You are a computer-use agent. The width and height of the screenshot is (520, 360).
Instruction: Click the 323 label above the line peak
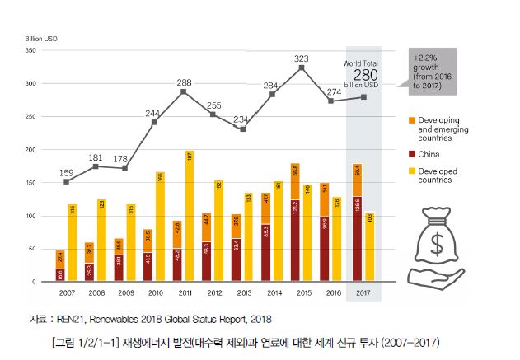point(302,58)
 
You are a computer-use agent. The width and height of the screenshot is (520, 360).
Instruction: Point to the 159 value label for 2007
point(67,172)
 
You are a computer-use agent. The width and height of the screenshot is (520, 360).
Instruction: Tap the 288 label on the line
point(184,82)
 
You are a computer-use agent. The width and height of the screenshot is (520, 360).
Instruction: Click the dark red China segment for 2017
point(357,240)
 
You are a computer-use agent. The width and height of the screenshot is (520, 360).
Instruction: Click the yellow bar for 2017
point(369,247)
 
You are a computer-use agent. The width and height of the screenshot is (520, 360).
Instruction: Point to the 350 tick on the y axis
point(31,51)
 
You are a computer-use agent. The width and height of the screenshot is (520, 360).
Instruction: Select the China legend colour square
point(411,153)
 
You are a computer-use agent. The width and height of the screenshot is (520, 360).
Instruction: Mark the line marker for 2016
point(331,101)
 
